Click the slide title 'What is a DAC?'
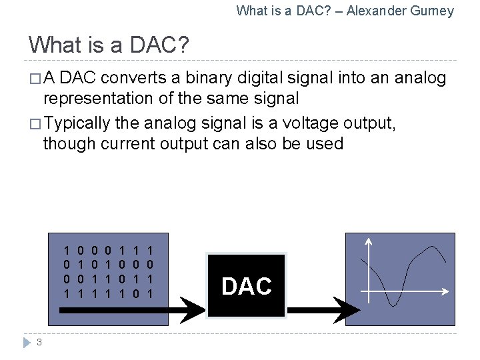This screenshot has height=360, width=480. click(109, 45)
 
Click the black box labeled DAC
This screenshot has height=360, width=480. click(246, 285)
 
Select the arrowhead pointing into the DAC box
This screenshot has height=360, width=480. click(195, 307)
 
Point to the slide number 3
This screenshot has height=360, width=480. click(39, 343)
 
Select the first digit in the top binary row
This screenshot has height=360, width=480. click(67, 251)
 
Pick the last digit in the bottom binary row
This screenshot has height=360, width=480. click(150, 294)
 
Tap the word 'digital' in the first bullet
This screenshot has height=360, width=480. click(259, 79)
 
